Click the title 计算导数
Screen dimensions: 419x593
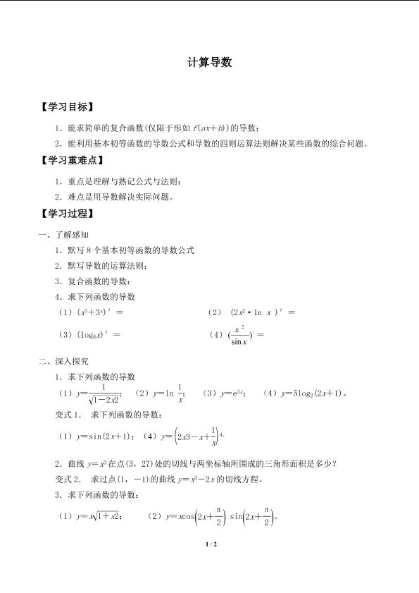tap(210, 63)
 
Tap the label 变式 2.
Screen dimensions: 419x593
tap(69, 479)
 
